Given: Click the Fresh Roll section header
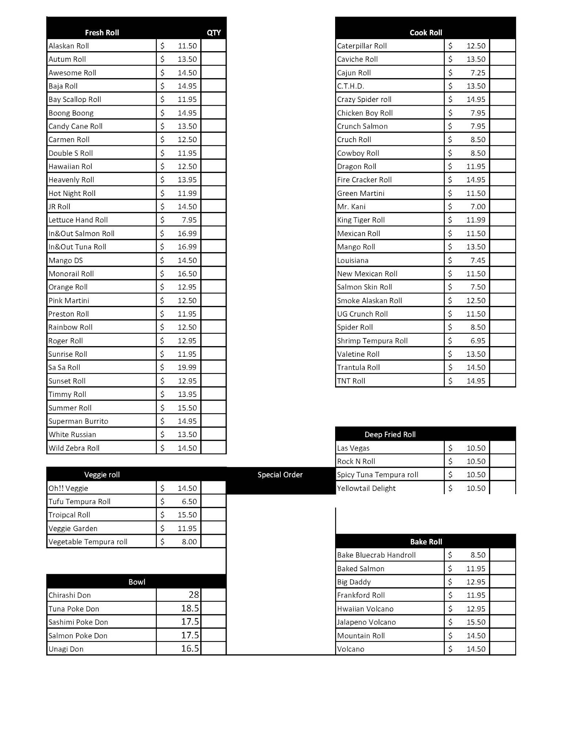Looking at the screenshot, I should (x=102, y=33).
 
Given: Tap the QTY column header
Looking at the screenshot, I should (x=214, y=33).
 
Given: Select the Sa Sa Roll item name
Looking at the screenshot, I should (x=64, y=367).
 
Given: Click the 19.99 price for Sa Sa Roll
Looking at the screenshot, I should (x=187, y=367).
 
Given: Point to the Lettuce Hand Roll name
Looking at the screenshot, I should (x=78, y=220).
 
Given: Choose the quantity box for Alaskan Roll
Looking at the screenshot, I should (x=213, y=46).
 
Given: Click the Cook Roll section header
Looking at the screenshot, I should (x=426, y=33).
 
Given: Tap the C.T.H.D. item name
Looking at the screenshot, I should (x=350, y=86).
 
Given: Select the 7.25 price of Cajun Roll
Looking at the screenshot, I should (x=478, y=73).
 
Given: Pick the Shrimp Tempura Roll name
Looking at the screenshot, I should (x=372, y=341).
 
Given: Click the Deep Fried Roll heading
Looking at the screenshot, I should (x=390, y=434).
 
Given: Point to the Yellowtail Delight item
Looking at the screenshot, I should (x=366, y=488).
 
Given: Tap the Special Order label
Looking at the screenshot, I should (x=280, y=474).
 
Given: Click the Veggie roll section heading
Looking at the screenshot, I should (x=102, y=474).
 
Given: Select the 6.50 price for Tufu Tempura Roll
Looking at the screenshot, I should (x=189, y=501).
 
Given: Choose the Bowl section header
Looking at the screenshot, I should (x=137, y=582).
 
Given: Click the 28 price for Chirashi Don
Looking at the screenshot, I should (x=193, y=595).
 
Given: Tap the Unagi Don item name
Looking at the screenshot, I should (x=66, y=649).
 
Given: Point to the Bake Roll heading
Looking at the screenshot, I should (x=426, y=542).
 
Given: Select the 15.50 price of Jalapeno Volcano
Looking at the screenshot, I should (x=475, y=622).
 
